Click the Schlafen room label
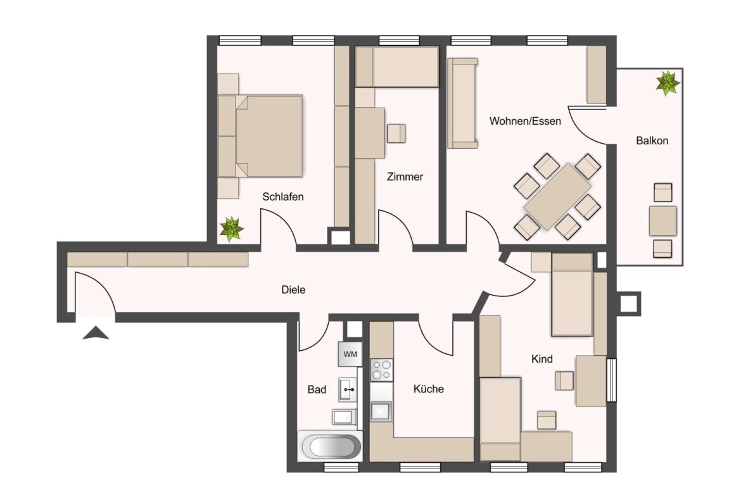tap(283, 197)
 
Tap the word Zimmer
tap(405, 177)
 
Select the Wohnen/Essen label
tap(525, 121)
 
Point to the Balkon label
tap(652, 141)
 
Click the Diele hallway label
tap(293, 290)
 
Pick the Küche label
tap(429, 389)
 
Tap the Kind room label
tap(541, 359)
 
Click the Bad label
tap(317, 389)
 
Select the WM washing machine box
tap(350, 354)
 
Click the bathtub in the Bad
tap(331, 446)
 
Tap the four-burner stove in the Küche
tap(381, 370)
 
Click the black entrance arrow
tap(96, 332)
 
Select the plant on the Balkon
tap(668, 82)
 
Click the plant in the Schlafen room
tap(231, 229)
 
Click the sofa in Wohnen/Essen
tap(462, 103)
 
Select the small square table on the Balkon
tap(662, 220)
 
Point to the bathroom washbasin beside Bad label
tap(348, 390)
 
